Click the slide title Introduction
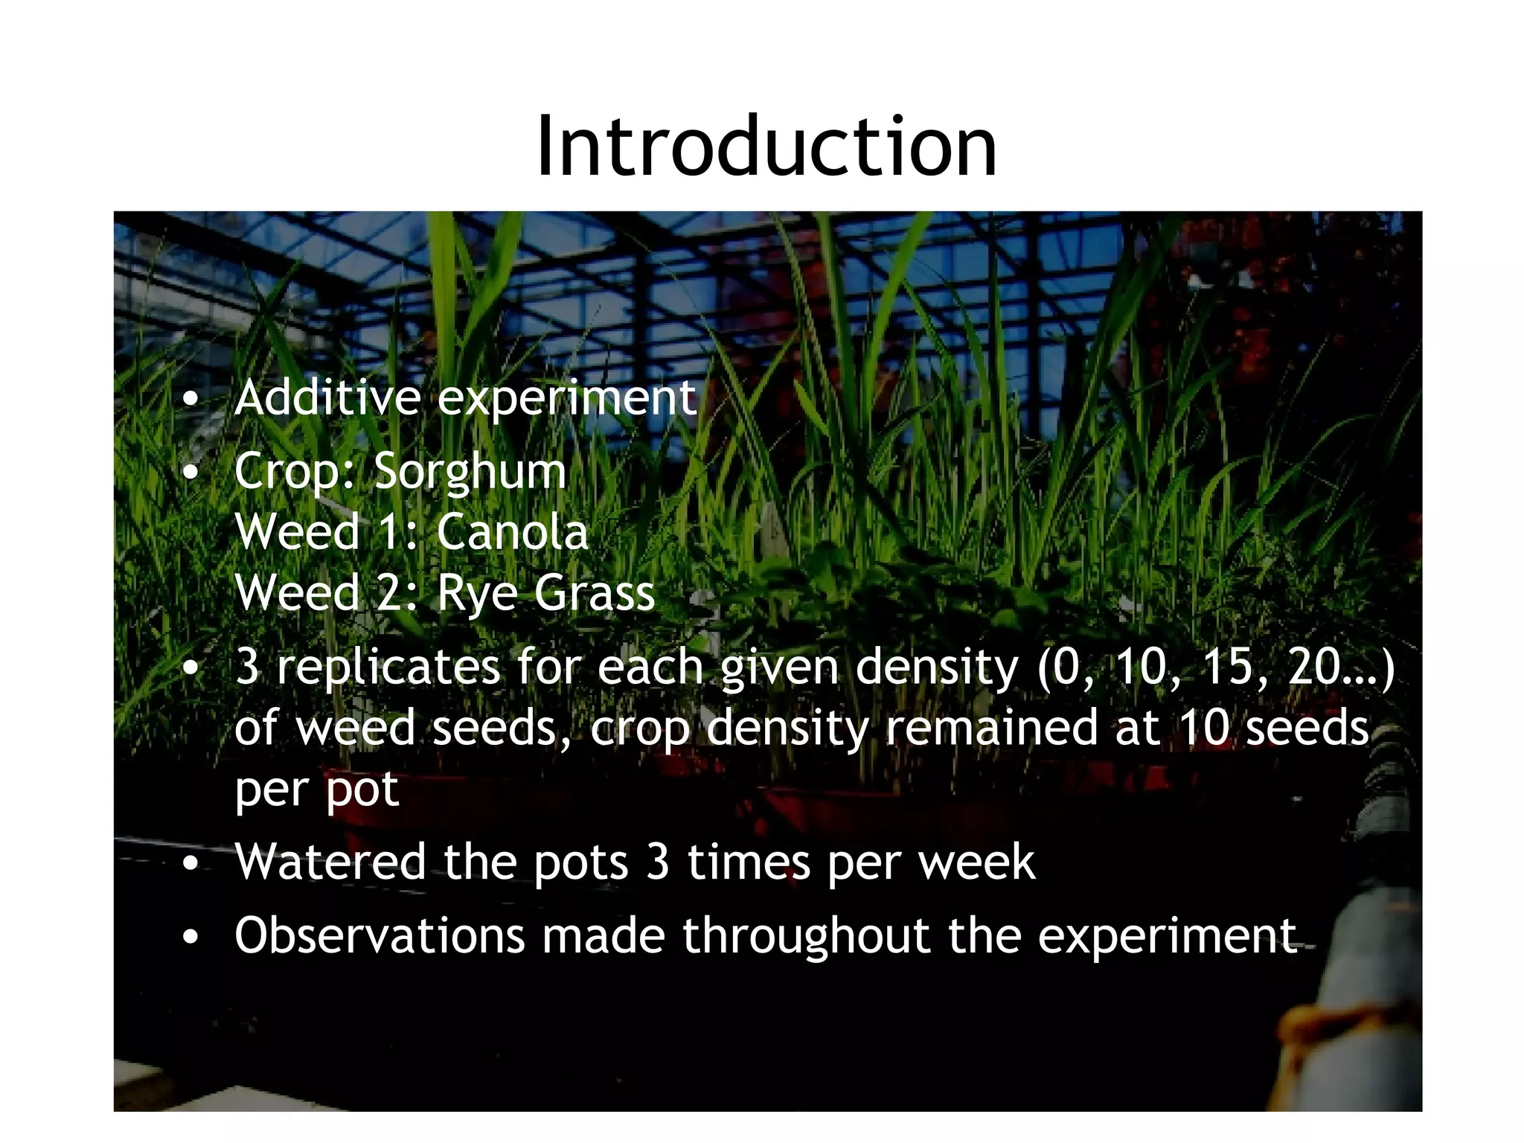click(766, 147)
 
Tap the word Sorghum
click(470, 473)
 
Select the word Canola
click(513, 533)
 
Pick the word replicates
click(388, 667)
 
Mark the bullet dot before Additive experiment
click(191, 400)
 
